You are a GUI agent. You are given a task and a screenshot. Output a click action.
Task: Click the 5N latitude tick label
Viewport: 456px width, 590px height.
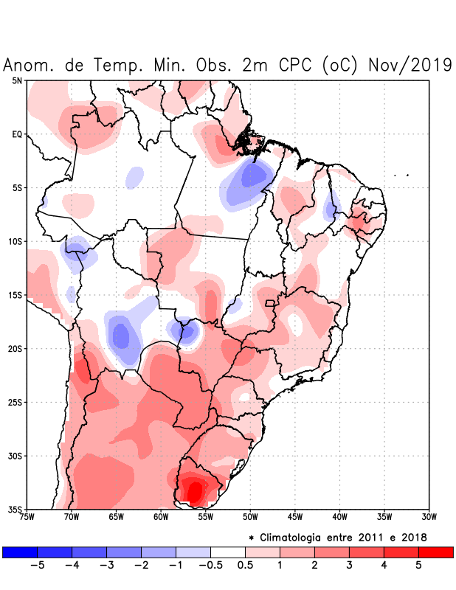tap(16, 80)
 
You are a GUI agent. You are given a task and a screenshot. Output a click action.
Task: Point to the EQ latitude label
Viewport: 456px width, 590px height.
tap(16, 134)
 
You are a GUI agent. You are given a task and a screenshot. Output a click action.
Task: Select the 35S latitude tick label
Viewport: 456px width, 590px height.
tap(15, 509)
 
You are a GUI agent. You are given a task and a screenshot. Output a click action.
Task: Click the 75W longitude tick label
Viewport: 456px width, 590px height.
tap(27, 517)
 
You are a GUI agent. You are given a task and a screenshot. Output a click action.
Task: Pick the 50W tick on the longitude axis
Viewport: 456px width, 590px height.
tap(250, 517)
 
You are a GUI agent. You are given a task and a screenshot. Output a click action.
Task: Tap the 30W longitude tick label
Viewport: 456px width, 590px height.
tap(429, 517)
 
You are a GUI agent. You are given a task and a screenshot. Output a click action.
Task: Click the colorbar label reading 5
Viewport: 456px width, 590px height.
tap(418, 565)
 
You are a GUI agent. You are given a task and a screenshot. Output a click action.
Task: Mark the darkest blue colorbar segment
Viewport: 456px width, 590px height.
tap(20, 552)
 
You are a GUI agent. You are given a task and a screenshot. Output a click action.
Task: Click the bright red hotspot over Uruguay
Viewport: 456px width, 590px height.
tap(195, 490)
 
